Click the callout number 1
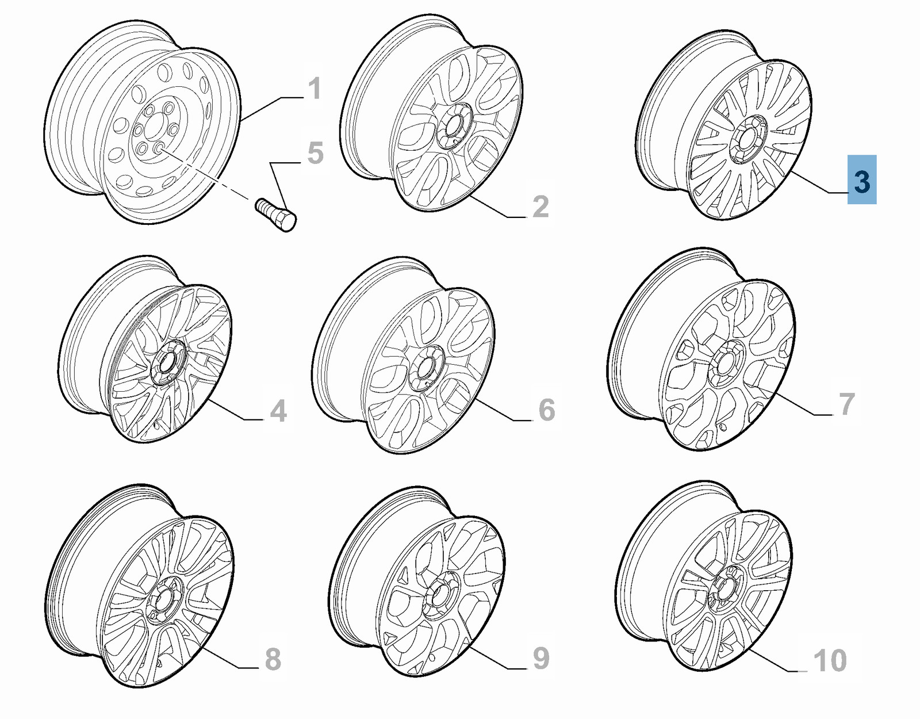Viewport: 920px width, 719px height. (314, 89)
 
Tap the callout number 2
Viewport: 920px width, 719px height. (540, 206)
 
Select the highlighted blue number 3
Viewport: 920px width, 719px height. (861, 179)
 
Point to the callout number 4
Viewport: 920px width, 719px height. (278, 410)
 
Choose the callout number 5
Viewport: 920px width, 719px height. (316, 153)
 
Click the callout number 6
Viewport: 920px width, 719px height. (546, 410)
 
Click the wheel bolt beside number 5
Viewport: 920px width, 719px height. (276, 215)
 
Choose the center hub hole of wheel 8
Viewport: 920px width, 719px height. (163, 600)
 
